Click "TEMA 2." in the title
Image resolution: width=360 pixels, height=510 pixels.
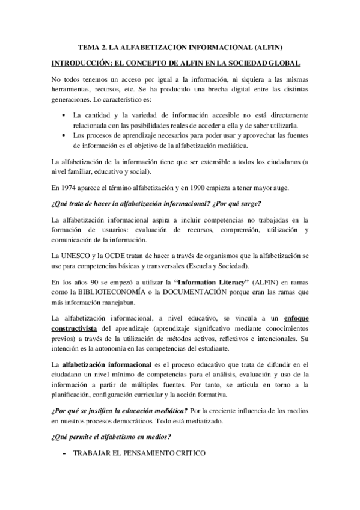(94, 46)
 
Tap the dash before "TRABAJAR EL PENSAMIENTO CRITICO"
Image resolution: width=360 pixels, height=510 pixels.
(64, 453)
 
